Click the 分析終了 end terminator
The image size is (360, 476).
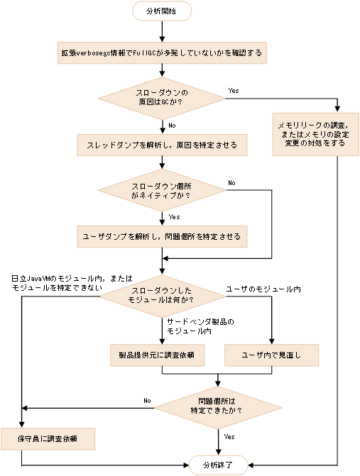tap(217, 465)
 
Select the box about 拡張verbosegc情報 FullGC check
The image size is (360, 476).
tap(162, 52)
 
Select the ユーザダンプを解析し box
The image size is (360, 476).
tap(162, 236)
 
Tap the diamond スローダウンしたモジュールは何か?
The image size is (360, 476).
tap(162, 296)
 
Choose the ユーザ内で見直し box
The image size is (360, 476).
tap(271, 354)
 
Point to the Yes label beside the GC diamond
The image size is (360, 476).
tap(234, 92)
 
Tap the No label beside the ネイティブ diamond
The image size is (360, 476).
tap(231, 183)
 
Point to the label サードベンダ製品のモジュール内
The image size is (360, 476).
tap(200, 326)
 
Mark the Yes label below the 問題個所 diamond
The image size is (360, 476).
tap(229, 436)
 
